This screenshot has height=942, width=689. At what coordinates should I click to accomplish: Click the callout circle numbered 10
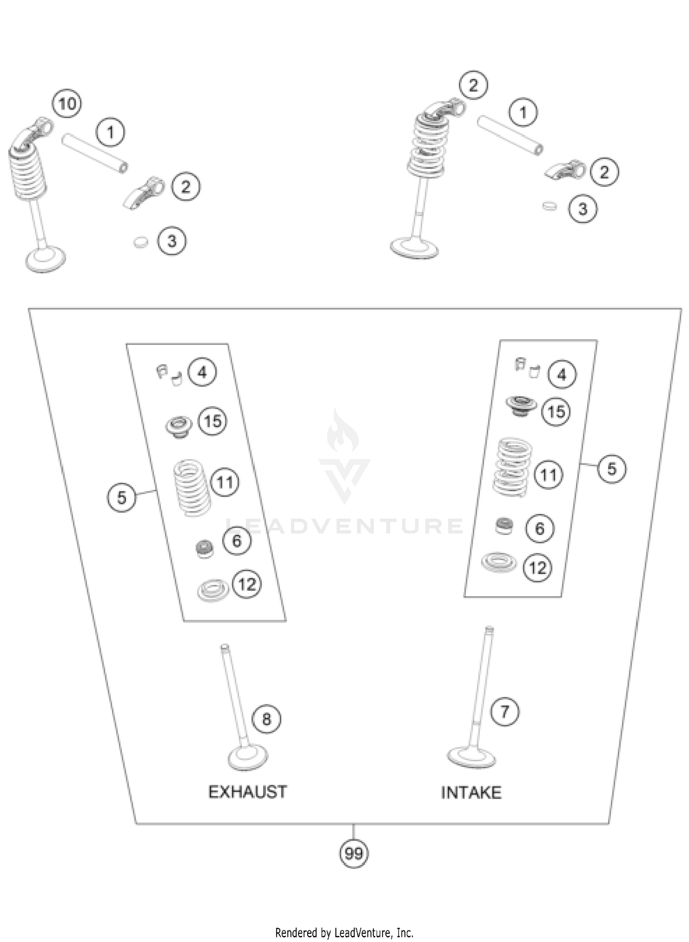click(67, 104)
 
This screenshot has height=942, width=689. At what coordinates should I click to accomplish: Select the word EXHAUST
click(248, 792)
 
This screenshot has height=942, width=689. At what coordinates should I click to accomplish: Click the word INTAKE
click(471, 793)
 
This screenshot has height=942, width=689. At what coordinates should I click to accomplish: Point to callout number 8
click(266, 719)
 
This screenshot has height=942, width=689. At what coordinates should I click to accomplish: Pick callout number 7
click(505, 712)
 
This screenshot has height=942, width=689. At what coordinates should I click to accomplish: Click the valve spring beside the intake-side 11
click(512, 468)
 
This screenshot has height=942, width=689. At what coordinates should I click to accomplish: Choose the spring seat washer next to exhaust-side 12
click(213, 591)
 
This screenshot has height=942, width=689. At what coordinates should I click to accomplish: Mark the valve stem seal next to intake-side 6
click(504, 526)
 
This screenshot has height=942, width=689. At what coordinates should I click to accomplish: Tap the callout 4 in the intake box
click(562, 375)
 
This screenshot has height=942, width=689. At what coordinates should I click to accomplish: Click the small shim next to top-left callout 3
click(141, 242)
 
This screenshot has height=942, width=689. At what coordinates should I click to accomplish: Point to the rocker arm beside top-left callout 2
click(145, 192)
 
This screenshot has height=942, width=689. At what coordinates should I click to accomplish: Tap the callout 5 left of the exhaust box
click(121, 497)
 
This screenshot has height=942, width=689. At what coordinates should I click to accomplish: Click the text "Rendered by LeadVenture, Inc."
click(344, 932)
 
